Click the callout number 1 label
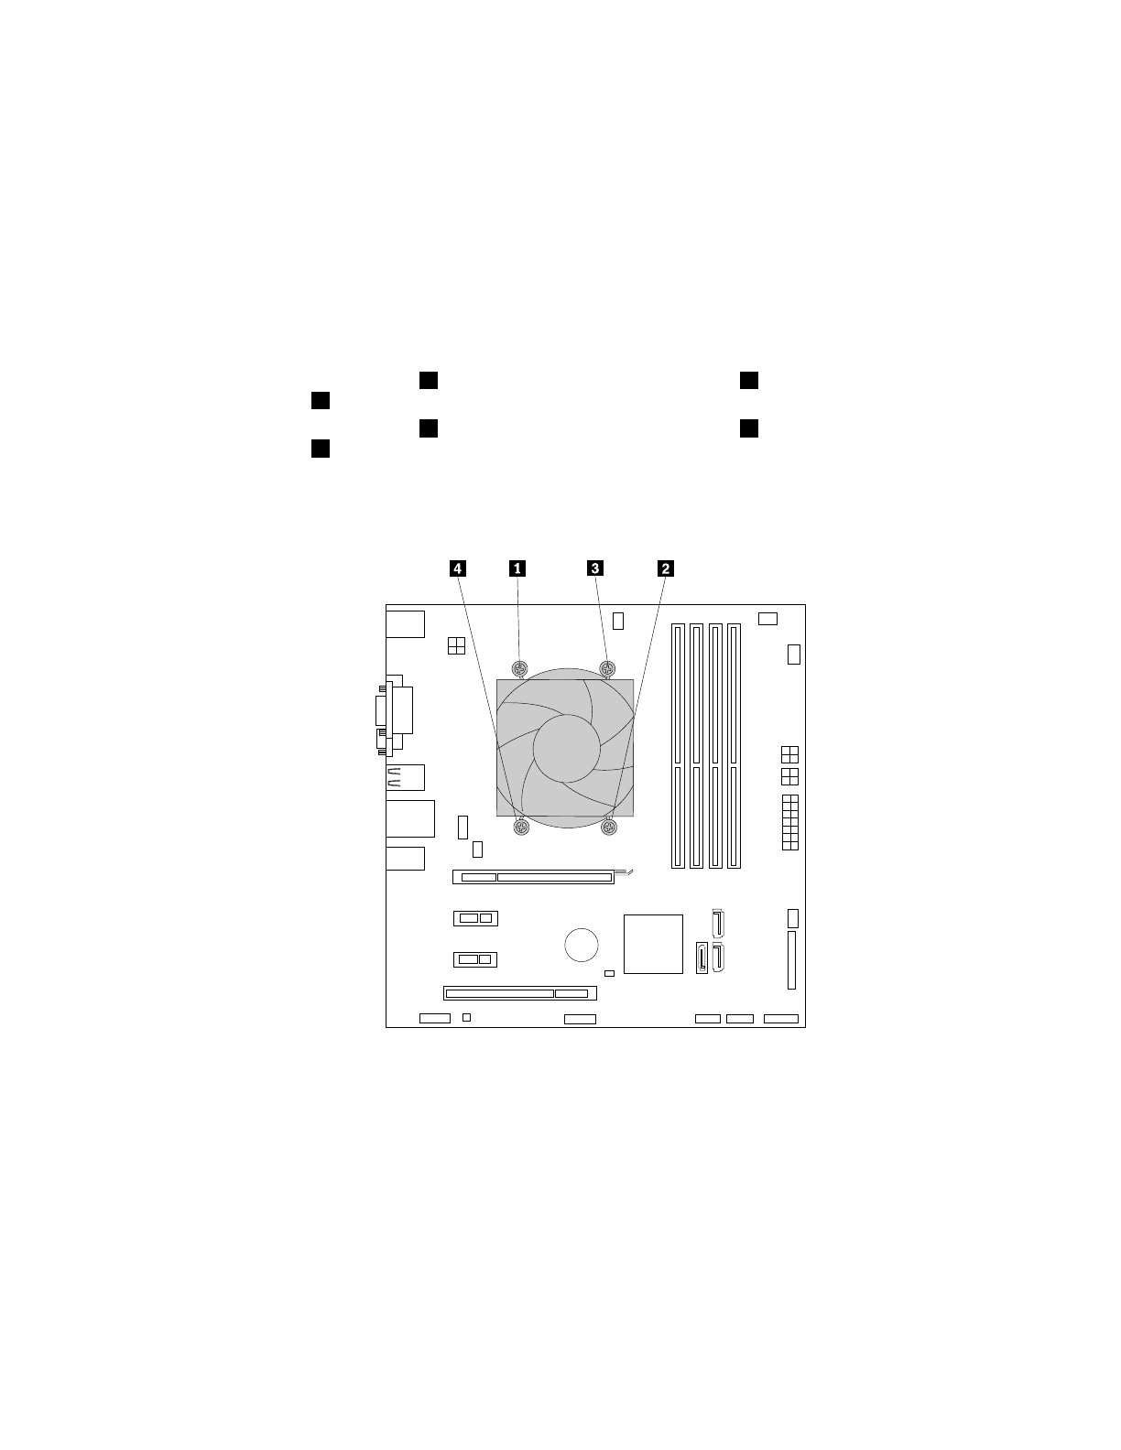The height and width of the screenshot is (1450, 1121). click(x=517, y=568)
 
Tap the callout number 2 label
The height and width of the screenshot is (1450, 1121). click(x=665, y=568)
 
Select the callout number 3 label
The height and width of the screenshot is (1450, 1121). click(x=595, y=568)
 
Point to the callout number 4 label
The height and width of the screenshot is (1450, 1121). click(x=457, y=568)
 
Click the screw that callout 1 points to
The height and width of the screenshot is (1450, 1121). click(x=520, y=668)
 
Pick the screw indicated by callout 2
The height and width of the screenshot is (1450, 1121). click(x=609, y=828)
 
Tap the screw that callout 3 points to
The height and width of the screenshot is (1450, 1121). click(x=607, y=668)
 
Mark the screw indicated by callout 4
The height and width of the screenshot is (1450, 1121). click(x=521, y=828)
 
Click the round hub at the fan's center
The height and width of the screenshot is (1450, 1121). click(x=566, y=748)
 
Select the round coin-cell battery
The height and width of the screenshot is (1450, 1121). click(x=582, y=945)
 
